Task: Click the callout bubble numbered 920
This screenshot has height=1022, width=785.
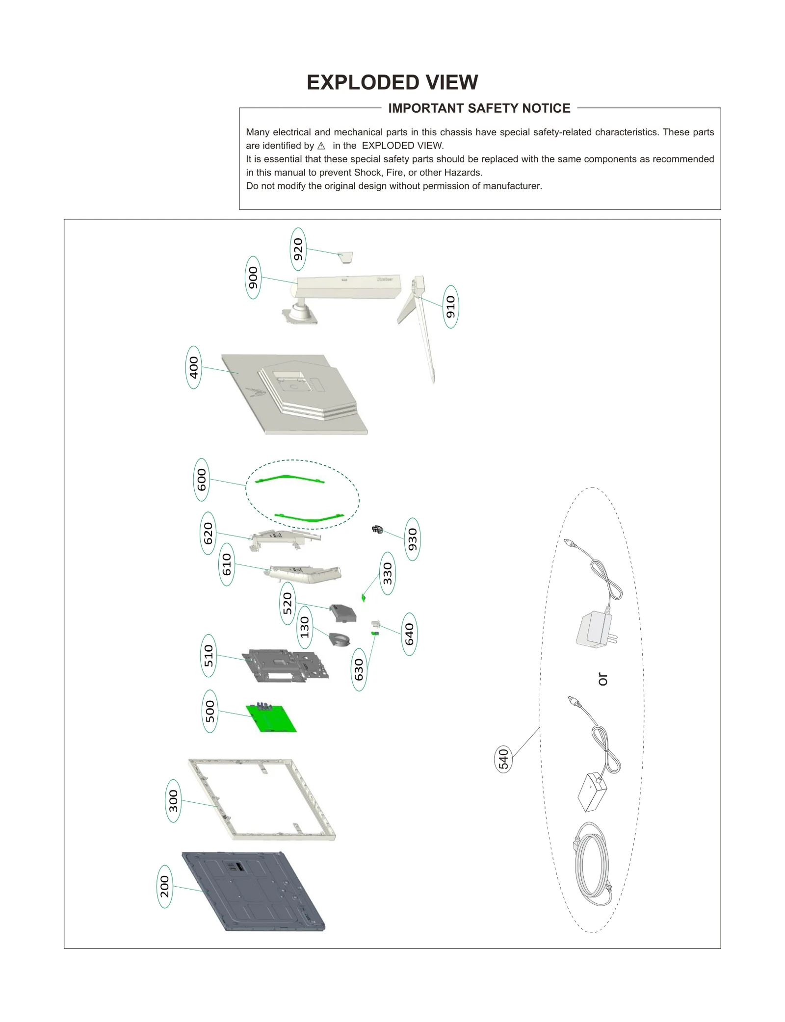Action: (298, 249)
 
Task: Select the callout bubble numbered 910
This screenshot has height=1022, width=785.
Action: (450, 307)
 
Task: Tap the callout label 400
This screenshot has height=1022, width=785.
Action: (194, 367)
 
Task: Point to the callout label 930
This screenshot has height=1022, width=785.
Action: (412, 539)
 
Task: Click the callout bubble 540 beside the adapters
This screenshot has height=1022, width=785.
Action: (503, 759)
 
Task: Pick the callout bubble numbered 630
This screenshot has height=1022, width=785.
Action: (359, 669)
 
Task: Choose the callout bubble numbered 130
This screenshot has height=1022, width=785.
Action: (305, 627)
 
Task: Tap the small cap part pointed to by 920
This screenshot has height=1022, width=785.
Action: (346, 257)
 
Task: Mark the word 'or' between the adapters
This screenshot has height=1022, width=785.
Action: (602, 679)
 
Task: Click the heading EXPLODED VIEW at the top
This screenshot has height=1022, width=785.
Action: (392, 82)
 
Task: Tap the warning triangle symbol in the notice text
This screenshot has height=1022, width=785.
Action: (321, 146)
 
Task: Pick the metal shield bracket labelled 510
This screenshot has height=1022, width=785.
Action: (285, 665)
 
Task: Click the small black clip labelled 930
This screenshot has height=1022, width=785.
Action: (377, 529)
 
